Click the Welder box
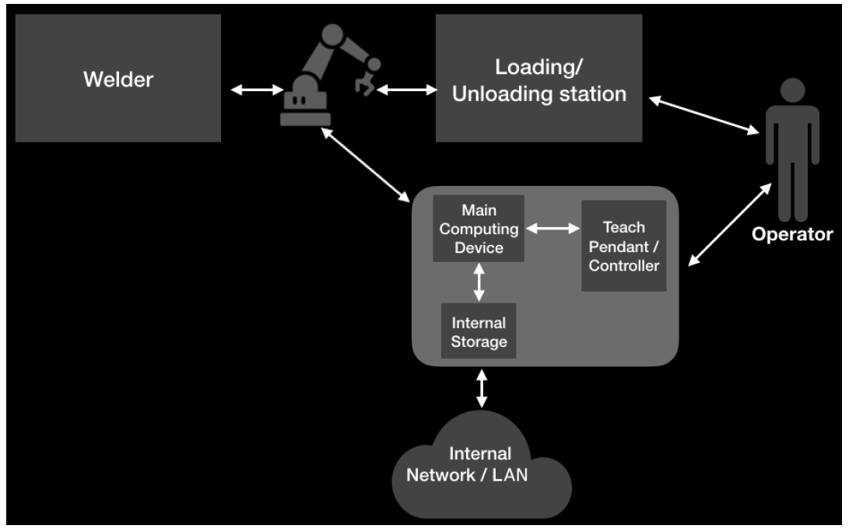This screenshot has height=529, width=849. tap(118, 78)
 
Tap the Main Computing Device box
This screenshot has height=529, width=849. tap(479, 229)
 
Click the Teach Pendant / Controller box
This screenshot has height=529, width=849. tap(623, 246)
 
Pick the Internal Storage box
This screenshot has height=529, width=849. tap(479, 331)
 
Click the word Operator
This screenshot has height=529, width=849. tap(792, 234)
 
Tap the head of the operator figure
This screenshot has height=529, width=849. tap(792, 89)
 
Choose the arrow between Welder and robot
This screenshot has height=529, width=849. tap(258, 90)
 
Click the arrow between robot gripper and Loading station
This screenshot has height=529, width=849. tap(407, 90)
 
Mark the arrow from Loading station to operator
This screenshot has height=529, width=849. tap(704, 114)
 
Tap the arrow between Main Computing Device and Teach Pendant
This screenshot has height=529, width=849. tap(553, 229)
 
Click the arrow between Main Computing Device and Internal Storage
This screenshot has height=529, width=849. tap(479, 282)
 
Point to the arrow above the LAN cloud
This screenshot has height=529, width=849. tap(482, 388)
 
